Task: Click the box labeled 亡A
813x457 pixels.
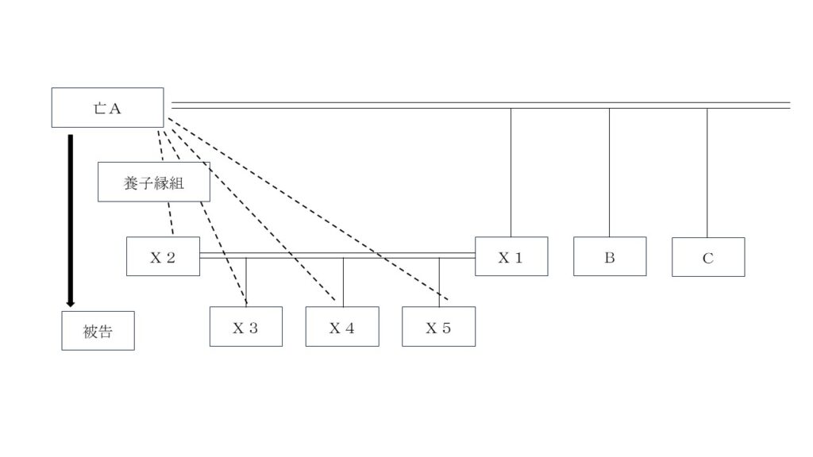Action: click(x=107, y=108)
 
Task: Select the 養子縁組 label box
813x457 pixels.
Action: click(x=154, y=182)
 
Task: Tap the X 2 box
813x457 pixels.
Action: click(x=163, y=256)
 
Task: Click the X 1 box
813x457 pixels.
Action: click(x=511, y=256)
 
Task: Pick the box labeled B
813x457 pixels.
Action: click(x=610, y=256)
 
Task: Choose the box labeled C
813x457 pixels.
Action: click(x=708, y=257)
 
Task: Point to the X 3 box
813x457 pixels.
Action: click(x=246, y=326)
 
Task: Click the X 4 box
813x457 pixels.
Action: click(x=342, y=326)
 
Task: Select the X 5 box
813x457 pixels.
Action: click(x=438, y=326)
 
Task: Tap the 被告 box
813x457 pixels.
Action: click(x=98, y=331)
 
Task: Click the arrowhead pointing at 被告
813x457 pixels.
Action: click(x=71, y=304)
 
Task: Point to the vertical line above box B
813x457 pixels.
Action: click(x=609, y=172)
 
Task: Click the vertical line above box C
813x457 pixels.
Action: click(x=707, y=173)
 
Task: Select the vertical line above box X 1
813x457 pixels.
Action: click(x=511, y=172)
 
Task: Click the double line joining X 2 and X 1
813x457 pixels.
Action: click(x=337, y=255)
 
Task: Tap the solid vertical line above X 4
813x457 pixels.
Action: click(x=343, y=282)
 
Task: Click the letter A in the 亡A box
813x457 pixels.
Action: click(x=114, y=108)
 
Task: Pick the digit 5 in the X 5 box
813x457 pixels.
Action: click(x=446, y=328)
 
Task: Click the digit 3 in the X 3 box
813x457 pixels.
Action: click(x=252, y=328)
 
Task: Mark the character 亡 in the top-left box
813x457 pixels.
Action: click(x=99, y=108)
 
